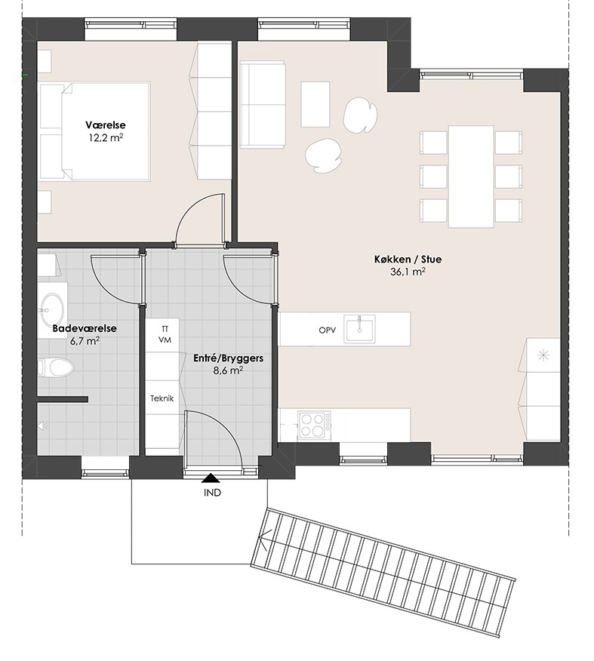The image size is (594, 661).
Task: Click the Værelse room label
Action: click(106, 125)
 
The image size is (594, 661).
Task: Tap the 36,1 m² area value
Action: click(408, 272)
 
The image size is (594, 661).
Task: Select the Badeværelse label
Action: click(85, 328)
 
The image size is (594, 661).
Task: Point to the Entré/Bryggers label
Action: click(229, 358)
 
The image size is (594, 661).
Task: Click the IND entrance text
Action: click(213, 493)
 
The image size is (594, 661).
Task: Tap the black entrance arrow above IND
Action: click(211, 478)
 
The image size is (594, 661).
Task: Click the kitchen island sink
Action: click(359, 328)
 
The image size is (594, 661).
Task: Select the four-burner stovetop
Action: click(314, 425)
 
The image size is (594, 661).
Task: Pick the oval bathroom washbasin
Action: click(52, 310)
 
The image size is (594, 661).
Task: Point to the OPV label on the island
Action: click(327, 330)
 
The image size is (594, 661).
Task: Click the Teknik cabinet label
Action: click(162, 398)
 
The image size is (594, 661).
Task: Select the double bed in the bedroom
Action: click(95, 131)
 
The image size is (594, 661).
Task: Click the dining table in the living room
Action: click(471, 177)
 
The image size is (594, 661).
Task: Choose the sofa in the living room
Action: click(262, 105)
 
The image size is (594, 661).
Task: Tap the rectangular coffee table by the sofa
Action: click(315, 104)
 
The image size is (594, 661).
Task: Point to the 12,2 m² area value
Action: click(106, 138)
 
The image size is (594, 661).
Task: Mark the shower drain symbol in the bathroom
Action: click(42, 426)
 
